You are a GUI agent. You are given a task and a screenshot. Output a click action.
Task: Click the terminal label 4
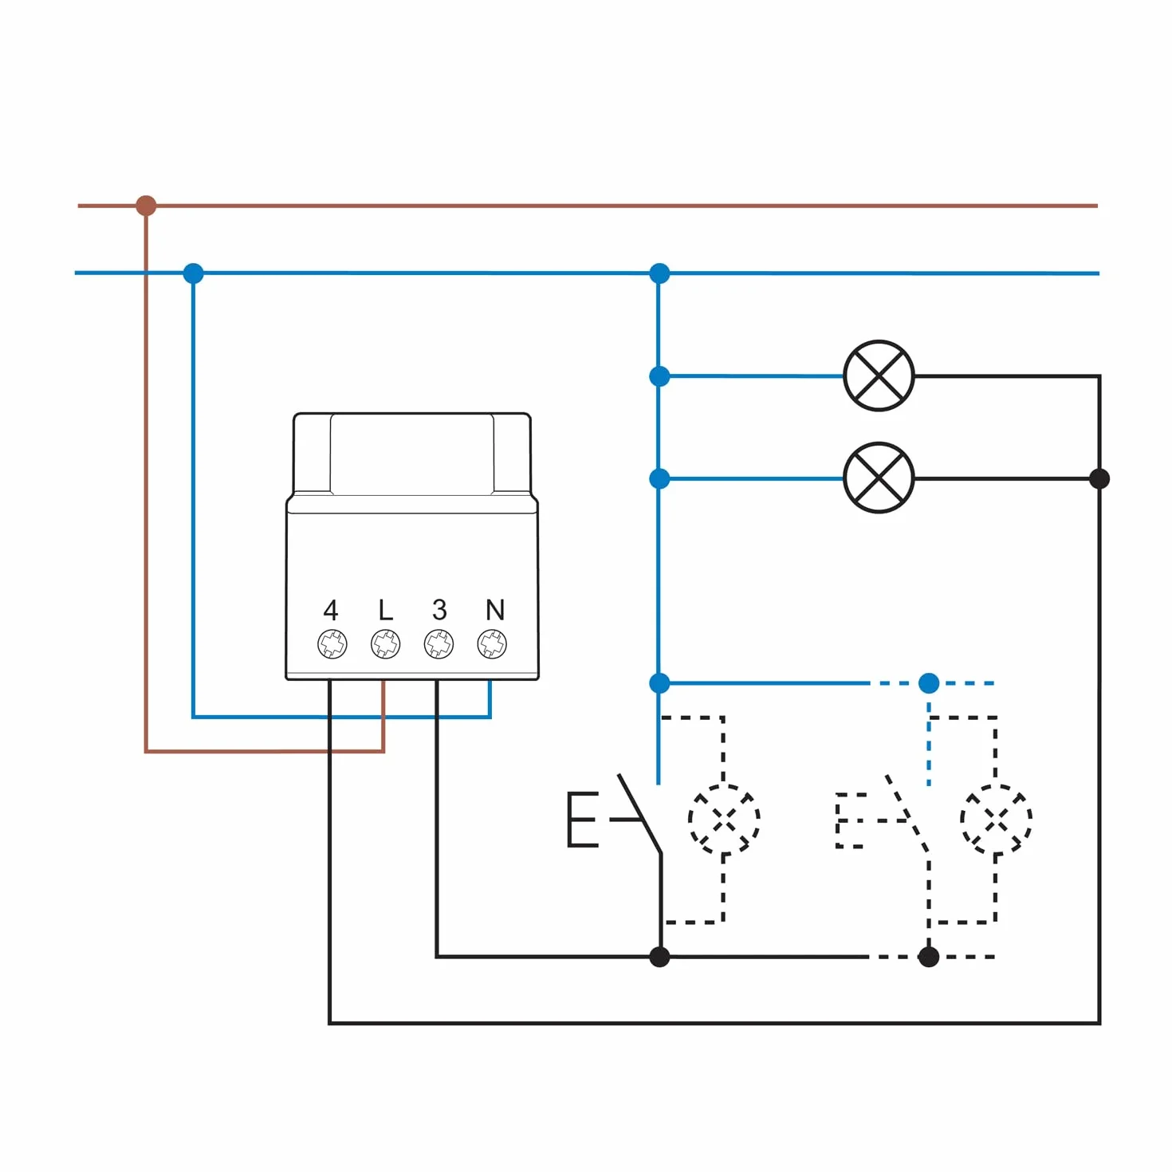[x=330, y=609]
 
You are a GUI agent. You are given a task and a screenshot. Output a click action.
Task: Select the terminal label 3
[x=439, y=609]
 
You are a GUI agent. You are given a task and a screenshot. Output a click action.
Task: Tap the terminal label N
[x=494, y=609]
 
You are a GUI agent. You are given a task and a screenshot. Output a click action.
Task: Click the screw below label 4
[x=332, y=643]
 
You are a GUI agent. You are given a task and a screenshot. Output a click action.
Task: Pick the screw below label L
[x=386, y=643]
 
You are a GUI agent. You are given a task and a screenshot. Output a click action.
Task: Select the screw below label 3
[x=439, y=643]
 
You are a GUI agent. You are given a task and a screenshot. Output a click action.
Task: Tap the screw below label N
[x=492, y=643]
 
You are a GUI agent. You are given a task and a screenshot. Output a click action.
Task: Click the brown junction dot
[x=146, y=206]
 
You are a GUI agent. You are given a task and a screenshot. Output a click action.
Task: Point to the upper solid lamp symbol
[x=879, y=376]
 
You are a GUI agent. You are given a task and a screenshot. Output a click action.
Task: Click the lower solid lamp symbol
[x=879, y=478]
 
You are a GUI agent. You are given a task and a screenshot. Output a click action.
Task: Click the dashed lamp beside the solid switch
[x=723, y=819]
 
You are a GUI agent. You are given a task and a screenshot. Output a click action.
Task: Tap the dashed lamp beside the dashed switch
[x=996, y=819]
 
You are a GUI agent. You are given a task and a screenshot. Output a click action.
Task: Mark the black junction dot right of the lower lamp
[x=1099, y=478]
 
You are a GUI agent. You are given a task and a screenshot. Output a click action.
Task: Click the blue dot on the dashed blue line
[x=928, y=683]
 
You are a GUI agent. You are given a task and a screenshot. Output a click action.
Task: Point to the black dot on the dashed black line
[x=928, y=957]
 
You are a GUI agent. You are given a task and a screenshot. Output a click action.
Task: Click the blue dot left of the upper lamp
[x=659, y=376]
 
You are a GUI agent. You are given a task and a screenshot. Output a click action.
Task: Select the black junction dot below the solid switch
[x=659, y=957]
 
